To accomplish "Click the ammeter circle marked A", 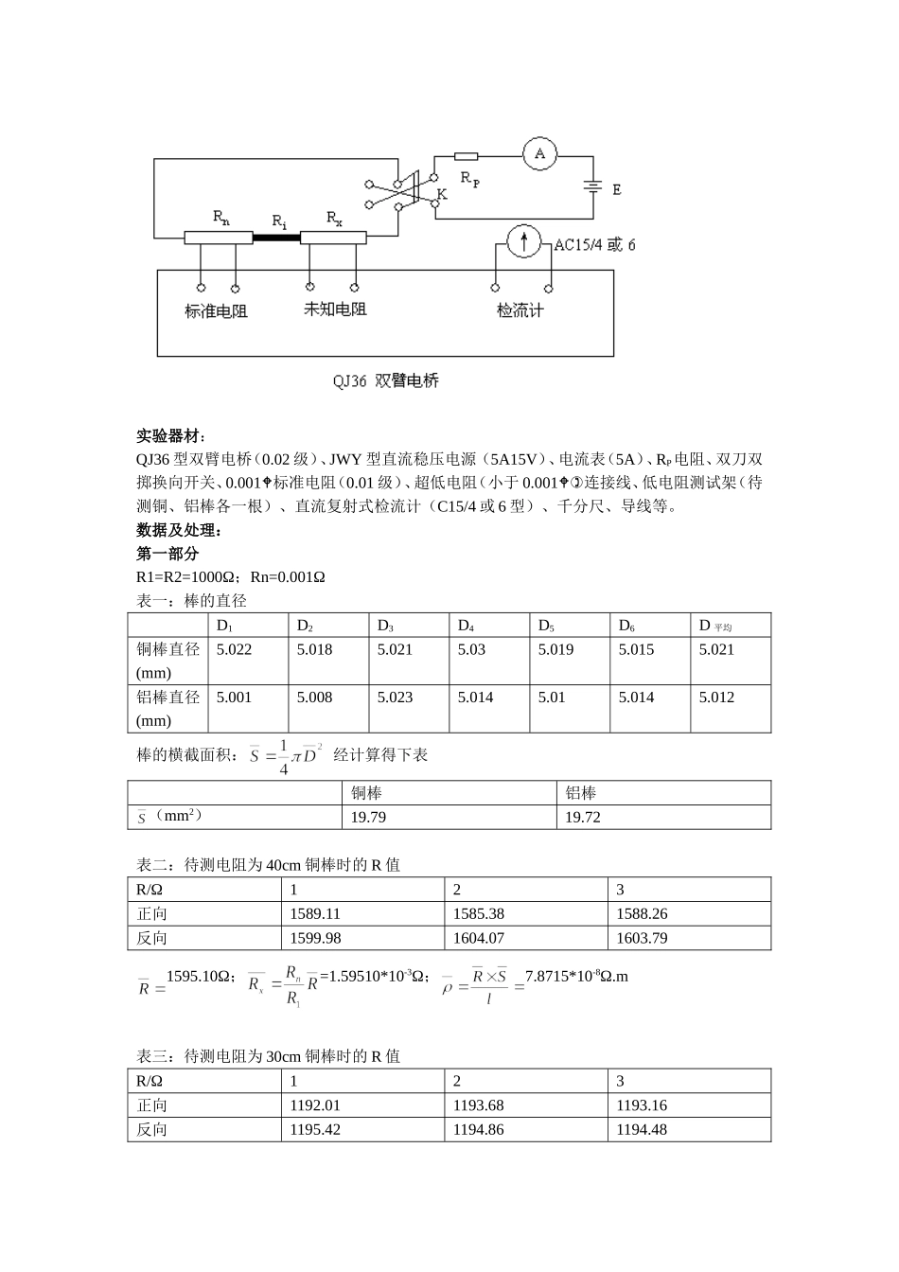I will point(539,153).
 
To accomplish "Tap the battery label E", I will point(616,189).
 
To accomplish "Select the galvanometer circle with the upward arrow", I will point(522,242).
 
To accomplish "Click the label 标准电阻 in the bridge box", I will point(216,311).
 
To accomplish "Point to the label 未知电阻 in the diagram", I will point(334,309).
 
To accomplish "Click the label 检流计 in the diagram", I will point(520,310).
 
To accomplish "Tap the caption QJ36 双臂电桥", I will point(385,381).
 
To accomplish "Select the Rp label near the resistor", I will point(469,178).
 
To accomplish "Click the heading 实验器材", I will point(170,435).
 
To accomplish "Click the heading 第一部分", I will point(167,554).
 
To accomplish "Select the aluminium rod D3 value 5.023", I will point(395,698).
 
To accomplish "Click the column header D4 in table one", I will point(466,626).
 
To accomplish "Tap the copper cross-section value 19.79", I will point(368,818).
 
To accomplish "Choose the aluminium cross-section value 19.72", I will point(583,818).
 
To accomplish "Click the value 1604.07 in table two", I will point(479,938).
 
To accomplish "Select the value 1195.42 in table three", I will point(315,1130).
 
